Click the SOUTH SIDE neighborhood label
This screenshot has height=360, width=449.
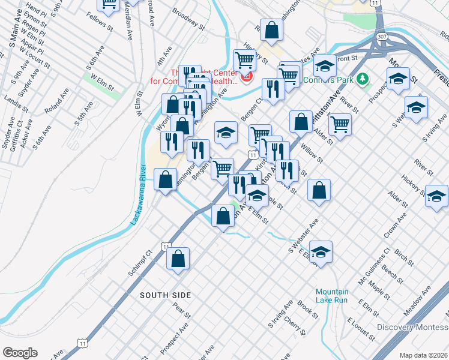coord(165,295)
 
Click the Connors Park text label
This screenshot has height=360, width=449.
coord(328,79)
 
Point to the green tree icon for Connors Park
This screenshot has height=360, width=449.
coord(362,79)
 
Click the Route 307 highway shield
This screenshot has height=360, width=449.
coord(382,37)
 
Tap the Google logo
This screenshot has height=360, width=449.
coord(20,353)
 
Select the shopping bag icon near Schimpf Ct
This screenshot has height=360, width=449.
coord(178,259)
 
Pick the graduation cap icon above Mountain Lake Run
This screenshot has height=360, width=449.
coord(321,251)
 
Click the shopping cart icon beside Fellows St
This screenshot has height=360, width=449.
coord(109,5)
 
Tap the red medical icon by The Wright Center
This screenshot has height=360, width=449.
coord(246,77)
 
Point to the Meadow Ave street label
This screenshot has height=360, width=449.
coord(419,300)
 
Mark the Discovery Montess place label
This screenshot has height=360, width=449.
coord(412,327)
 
